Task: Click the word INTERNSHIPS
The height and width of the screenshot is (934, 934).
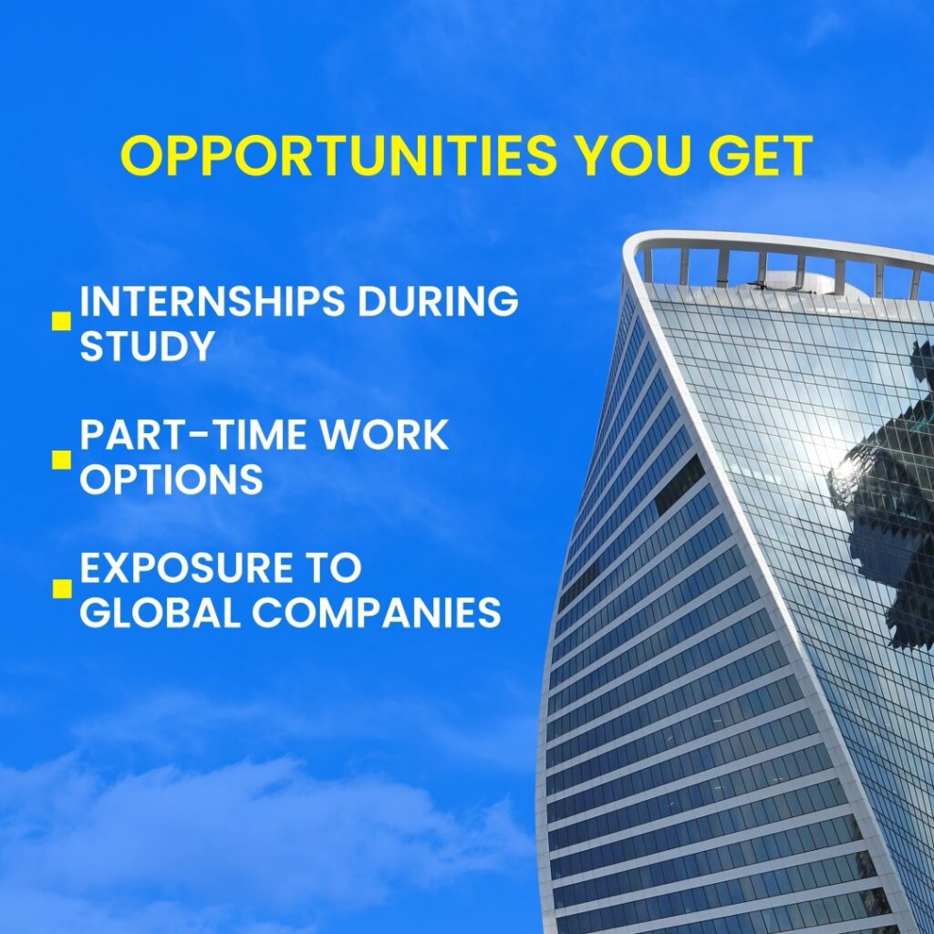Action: (212, 301)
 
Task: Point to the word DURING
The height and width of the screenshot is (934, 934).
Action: (438, 301)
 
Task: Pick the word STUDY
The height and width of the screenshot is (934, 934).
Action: (147, 345)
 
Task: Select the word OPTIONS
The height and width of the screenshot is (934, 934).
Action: (171, 478)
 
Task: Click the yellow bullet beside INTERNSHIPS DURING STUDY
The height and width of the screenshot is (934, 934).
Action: (61, 321)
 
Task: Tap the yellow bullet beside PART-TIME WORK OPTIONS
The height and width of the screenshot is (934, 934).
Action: (61, 460)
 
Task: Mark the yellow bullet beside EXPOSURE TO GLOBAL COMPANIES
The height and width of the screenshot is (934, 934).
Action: (61, 588)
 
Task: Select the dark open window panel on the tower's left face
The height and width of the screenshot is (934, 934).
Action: (680, 484)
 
